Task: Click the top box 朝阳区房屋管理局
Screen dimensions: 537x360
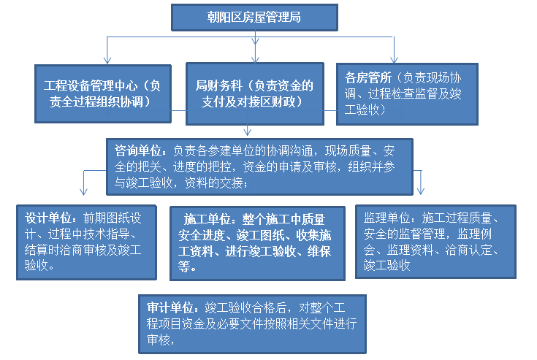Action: point(254,18)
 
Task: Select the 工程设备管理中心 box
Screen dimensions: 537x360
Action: point(103,93)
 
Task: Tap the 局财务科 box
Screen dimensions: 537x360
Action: point(255,93)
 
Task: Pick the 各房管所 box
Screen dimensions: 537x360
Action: point(407,93)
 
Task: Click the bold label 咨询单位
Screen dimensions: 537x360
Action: point(137,150)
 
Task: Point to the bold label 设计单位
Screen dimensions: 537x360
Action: point(48,218)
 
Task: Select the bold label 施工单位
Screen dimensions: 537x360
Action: point(207,219)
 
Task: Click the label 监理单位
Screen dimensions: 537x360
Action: point(386,218)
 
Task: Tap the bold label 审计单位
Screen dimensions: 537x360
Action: point(170,307)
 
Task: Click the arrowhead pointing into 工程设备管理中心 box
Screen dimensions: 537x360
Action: point(107,60)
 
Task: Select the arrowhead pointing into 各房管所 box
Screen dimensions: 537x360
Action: point(395,60)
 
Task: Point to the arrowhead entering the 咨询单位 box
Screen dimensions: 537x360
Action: point(247,131)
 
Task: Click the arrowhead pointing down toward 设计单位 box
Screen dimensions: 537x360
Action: point(83,191)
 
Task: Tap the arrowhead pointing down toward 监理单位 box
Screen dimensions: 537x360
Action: point(421,191)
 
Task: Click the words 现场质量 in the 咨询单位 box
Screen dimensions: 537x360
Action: point(348,150)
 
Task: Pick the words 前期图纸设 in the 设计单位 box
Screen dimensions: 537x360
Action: point(112,218)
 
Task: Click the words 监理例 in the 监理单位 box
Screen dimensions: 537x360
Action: point(475,234)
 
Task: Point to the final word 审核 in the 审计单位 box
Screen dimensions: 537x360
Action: point(159,340)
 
